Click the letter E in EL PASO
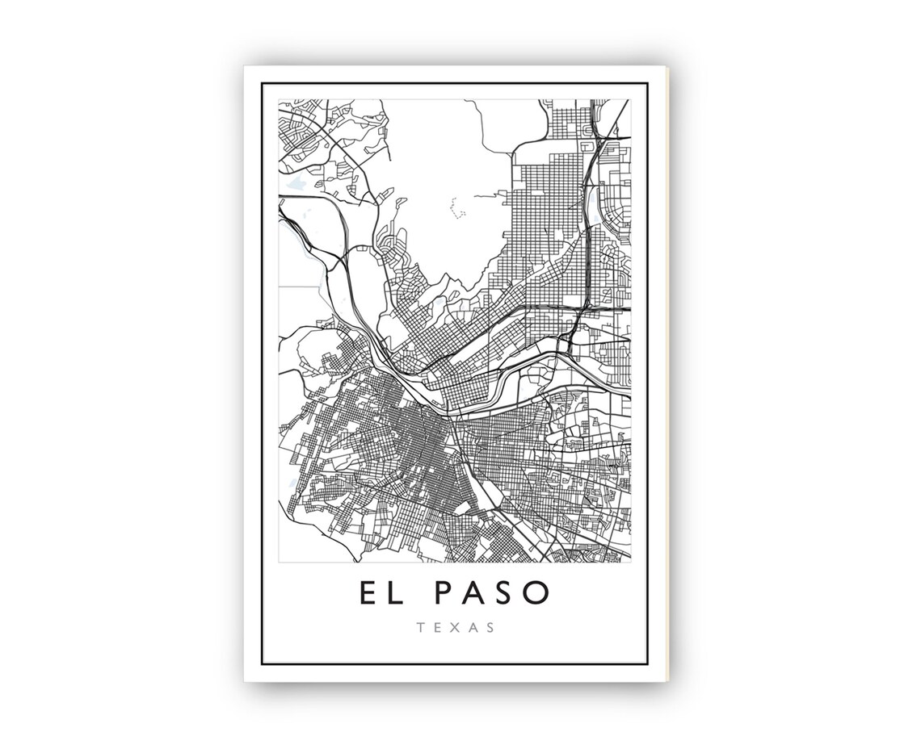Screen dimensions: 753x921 [x=368, y=592]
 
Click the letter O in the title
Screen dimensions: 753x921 [x=539, y=592]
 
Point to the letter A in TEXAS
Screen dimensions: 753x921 [x=472, y=626]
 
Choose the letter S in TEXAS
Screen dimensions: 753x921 [x=490, y=626]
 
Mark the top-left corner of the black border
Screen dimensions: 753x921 [x=263, y=83]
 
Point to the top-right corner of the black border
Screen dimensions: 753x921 [x=646, y=83]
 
